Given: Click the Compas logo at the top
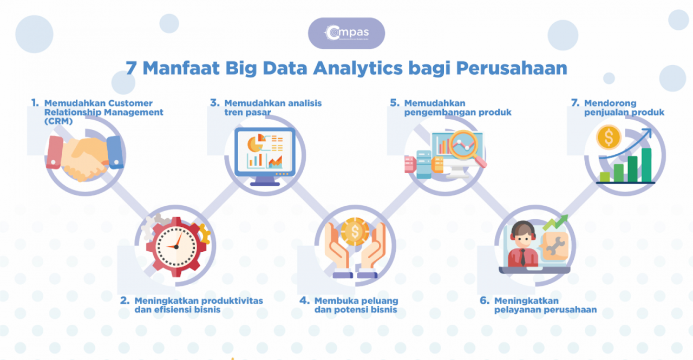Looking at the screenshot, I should [x=346, y=33].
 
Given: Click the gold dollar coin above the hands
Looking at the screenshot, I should [x=355, y=231].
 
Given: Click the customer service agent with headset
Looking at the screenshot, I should [x=523, y=244].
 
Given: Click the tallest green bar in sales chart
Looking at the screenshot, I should [x=646, y=165].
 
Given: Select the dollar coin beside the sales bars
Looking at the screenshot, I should [x=609, y=137].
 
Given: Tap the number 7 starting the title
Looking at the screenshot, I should [x=130, y=68].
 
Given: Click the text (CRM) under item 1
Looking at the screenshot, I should [x=58, y=121].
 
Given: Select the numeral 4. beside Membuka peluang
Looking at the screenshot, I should [x=305, y=300].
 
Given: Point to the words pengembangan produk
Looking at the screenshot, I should [x=457, y=113].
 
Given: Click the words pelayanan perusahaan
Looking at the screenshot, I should [x=545, y=310].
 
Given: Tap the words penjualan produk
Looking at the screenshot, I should [x=624, y=113].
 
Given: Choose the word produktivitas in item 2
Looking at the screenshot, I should [x=232, y=300].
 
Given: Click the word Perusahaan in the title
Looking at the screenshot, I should [x=511, y=68].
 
